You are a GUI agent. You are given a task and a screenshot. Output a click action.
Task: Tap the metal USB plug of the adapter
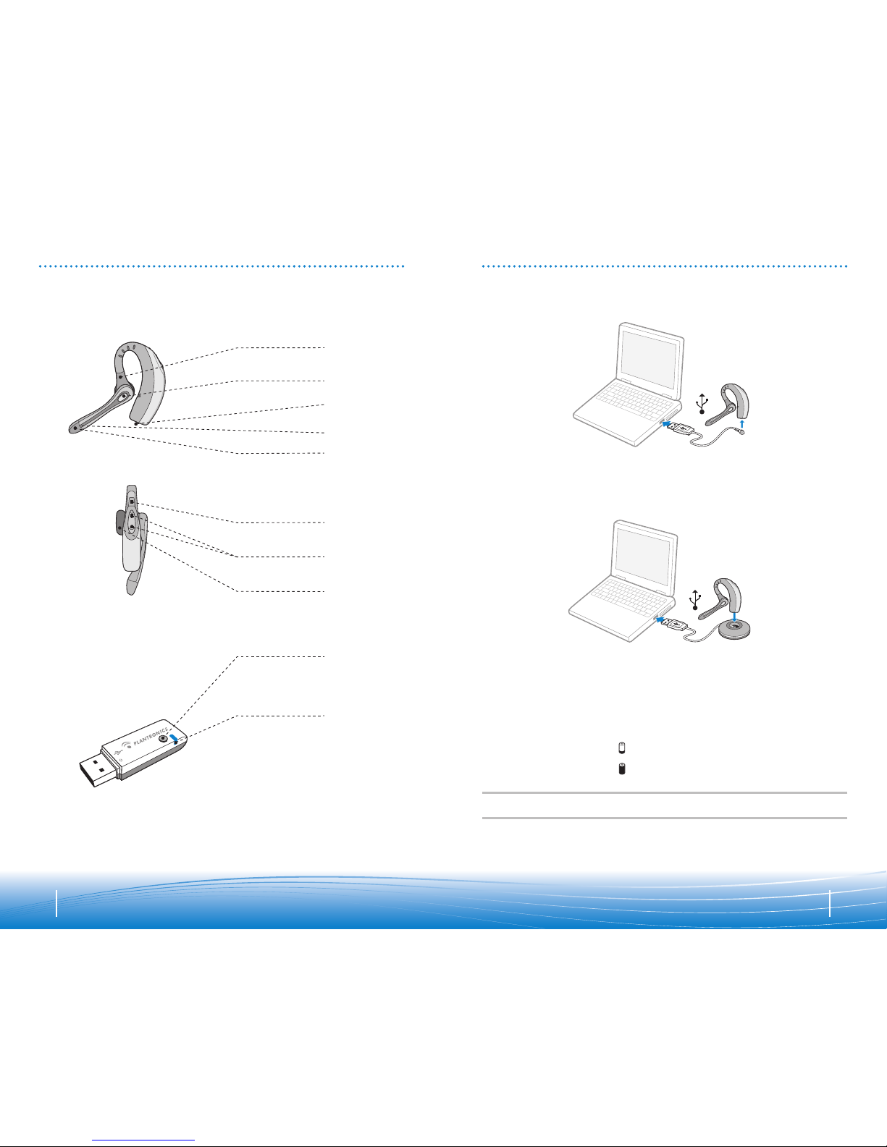point(98,766)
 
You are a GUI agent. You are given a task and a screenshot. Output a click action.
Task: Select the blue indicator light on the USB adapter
point(174,738)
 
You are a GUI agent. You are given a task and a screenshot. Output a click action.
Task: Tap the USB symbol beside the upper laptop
point(702,403)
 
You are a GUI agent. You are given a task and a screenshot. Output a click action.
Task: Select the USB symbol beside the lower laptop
point(696,600)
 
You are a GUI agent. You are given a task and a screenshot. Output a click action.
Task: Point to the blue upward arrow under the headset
point(742,423)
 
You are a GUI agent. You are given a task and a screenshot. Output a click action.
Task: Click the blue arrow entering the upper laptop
point(668,423)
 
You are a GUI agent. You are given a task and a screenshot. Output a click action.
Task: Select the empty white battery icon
point(622,748)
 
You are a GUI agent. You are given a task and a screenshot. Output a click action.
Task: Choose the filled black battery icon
point(622,769)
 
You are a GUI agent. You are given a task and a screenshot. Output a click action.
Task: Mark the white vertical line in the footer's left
point(56,904)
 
